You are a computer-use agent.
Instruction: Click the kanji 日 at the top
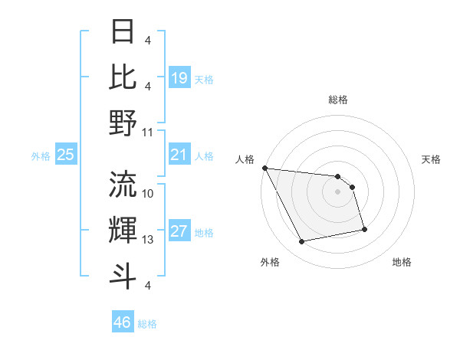pos(123,33)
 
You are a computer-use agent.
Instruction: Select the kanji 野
pos(123,123)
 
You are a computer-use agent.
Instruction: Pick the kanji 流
pos(123,183)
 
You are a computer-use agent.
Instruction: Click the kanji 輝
pos(123,229)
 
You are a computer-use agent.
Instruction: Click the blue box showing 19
pos(179,77)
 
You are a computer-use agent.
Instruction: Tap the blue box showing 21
pos(179,155)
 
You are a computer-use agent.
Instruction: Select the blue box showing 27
pos(179,232)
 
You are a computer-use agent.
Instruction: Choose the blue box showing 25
pos(65,155)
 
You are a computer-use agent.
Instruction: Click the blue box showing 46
pos(123,322)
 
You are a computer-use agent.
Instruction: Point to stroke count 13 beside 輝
pos(148,240)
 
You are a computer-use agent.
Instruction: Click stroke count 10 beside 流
pos(148,194)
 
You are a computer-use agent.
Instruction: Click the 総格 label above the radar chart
pos(337,100)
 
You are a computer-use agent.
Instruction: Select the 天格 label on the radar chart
pos(432,159)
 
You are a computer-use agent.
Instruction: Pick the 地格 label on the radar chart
pos(402,262)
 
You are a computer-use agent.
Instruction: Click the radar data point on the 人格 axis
pos(264,168)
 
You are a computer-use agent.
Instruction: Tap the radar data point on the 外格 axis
pos(301,242)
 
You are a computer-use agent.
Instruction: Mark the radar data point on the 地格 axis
pos(364,229)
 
